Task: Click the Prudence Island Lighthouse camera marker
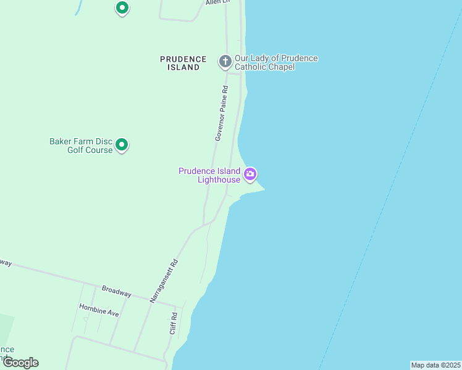[x=250, y=174]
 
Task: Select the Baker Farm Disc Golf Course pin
[x=122, y=145]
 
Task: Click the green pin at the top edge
[x=122, y=8]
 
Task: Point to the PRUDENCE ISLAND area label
[x=183, y=63]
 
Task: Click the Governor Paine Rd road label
[x=222, y=113]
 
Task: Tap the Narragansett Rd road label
[x=164, y=281]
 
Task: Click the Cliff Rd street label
[x=174, y=324]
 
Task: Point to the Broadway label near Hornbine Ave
[x=116, y=292]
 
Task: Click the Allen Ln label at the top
[x=217, y=2]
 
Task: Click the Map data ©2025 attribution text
[x=435, y=365]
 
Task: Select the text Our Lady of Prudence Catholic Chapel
[x=276, y=62]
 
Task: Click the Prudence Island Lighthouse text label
[x=209, y=175]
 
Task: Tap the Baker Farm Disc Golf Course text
[x=81, y=146]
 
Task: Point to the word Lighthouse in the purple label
[x=219, y=179]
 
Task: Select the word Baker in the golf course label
[x=61, y=141]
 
